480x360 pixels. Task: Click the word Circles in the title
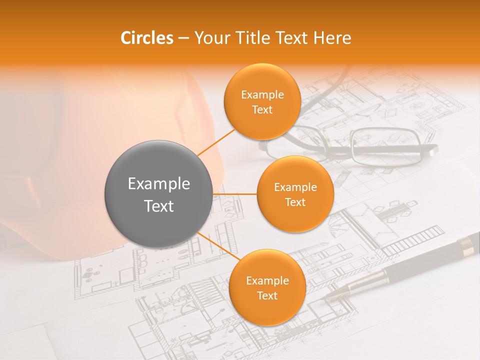click(x=146, y=38)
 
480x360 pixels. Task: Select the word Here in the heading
click(x=332, y=38)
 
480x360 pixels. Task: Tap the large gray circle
click(x=159, y=194)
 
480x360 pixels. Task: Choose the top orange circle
click(x=262, y=101)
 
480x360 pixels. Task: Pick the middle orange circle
click(x=295, y=194)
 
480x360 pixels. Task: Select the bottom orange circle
click(x=267, y=287)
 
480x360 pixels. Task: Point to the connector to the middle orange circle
click(x=235, y=194)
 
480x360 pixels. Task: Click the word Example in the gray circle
click(x=159, y=184)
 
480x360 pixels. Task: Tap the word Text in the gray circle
click(x=159, y=206)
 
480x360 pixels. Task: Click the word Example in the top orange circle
click(x=262, y=95)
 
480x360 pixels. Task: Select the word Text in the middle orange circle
click(x=295, y=202)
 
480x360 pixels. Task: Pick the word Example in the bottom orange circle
click(x=267, y=281)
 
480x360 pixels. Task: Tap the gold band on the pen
click(x=467, y=243)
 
